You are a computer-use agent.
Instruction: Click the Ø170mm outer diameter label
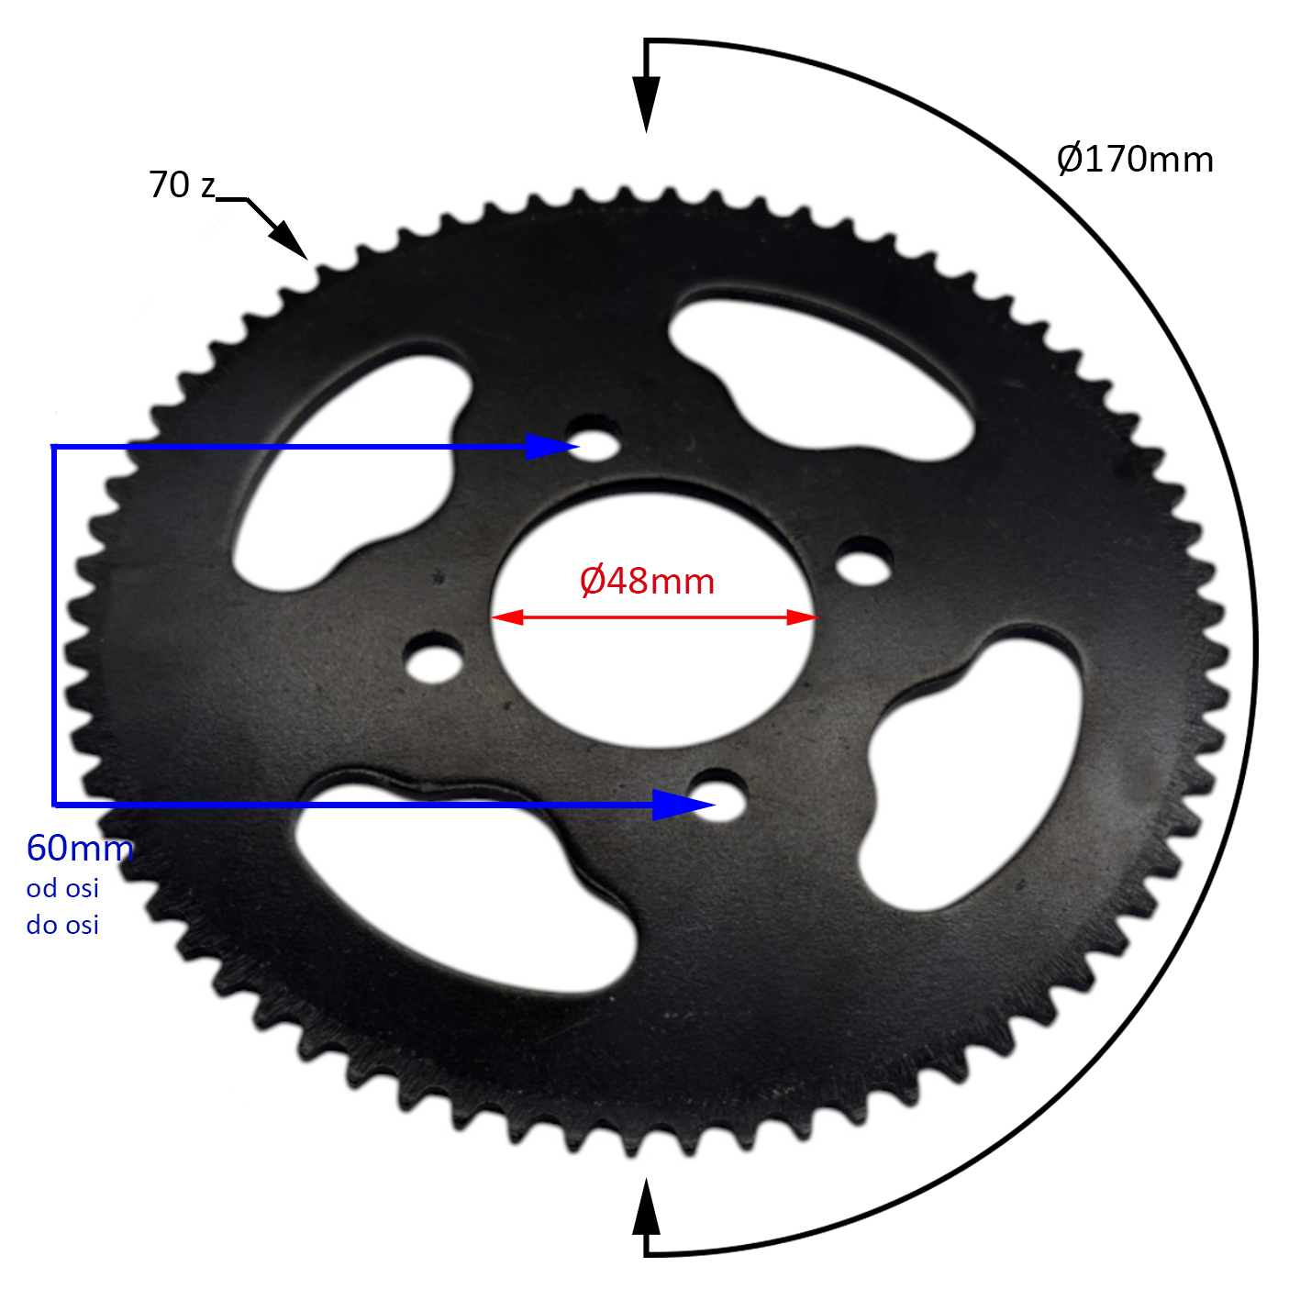click(x=1135, y=160)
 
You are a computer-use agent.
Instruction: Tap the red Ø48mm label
click(x=647, y=581)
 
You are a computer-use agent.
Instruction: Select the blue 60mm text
click(x=80, y=848)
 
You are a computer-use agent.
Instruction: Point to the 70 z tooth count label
click(x=182, y=185)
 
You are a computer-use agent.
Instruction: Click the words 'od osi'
click(x=62, y=888)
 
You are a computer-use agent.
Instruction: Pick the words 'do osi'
click(x=62, y=925)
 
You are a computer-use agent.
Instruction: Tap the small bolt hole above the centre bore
click(x=594, y=439)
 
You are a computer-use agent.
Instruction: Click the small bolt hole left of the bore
click(x=433, y=659)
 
